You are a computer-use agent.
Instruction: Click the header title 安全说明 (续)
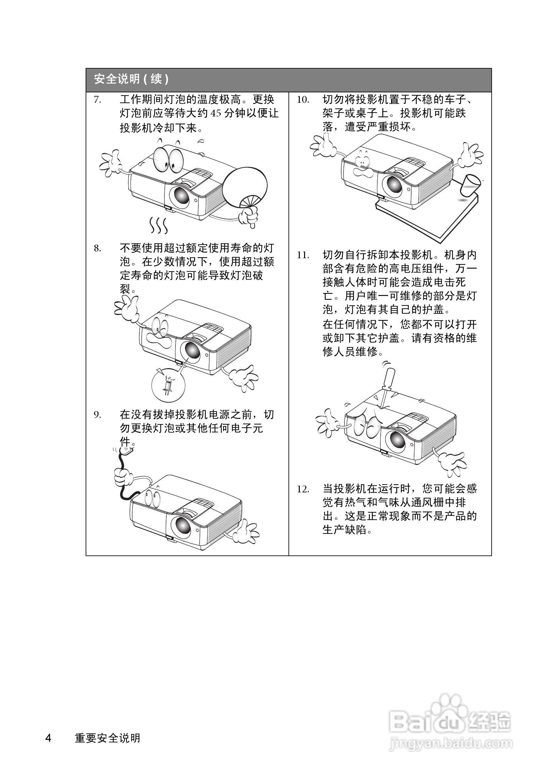click(131, 79)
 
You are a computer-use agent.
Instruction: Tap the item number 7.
click(97, 100)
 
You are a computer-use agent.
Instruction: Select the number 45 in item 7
click(216, 113)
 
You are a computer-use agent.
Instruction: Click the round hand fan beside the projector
click(245, 187)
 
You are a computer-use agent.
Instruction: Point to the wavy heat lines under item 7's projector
click(159, 225)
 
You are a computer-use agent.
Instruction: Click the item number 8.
click(97, 249)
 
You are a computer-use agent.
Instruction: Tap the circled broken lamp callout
click(168, 385)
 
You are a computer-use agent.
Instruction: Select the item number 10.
click(303, 100)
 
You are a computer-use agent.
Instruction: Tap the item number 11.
click(303, 255)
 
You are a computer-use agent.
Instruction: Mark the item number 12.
click(303, 489)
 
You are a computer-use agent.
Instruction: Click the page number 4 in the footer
click(48, 738)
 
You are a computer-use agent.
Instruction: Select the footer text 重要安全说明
click(107, 738)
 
